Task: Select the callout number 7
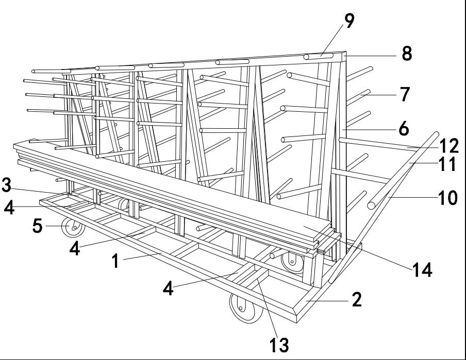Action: [405, 94]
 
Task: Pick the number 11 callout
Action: [446, 165]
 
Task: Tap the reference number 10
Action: [446, 197]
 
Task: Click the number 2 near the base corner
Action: [356, 299]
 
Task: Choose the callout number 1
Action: [116, 261]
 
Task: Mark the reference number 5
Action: [37, 226]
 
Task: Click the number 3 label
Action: [7, 184]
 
